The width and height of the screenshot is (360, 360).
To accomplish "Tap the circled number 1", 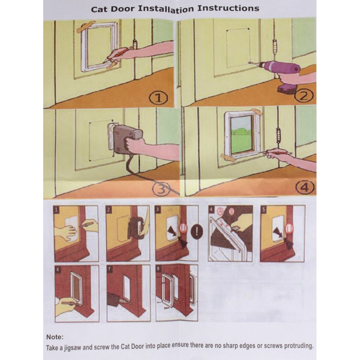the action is (x=158, y=98).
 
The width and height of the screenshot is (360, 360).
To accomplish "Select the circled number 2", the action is (x=303, y=96).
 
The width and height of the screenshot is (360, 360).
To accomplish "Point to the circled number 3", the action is (x=161, y=189).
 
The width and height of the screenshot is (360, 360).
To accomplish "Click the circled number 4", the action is (x=305, y=188).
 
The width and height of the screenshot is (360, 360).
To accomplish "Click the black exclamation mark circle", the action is (x=197, y=231).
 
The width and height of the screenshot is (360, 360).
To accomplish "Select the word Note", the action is (x=54, y=337).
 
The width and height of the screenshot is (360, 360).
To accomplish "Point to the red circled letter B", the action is (x=231, y=211).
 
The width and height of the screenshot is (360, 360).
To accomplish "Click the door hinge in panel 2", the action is (x=275, y=47).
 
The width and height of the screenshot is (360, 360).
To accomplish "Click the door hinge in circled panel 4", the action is (x=279, y=135).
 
